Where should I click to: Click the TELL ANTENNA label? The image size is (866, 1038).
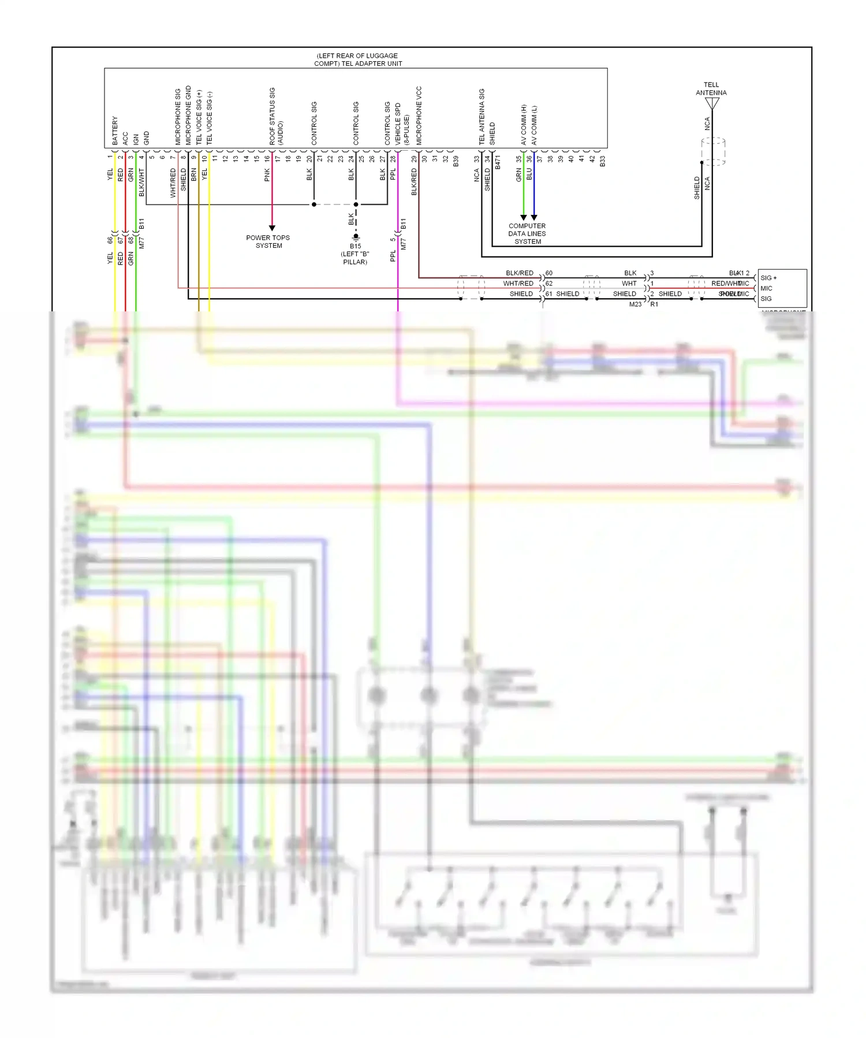pyautogui.click(x=711, y=89)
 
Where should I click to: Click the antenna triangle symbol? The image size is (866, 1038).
pyautogui.click(x=712, y=103)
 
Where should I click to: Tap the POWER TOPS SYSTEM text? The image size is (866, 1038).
pyautogui.click(x=268, y=241)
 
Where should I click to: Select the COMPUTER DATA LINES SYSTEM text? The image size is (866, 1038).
pyautogui.click(x=527, y=234)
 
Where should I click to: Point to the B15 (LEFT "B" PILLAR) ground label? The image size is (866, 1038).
pyautogui.click(x=355, y=254)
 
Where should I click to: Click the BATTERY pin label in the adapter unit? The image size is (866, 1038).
pyautogui.click(x=115, y=130)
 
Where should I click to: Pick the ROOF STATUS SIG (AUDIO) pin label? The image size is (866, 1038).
pyautogui.click(x=276, y=117)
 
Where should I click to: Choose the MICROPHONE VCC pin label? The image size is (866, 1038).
pyautogui.click(x=419, y=116)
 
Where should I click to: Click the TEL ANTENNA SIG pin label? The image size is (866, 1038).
pyautogui.click(x=482, y=117)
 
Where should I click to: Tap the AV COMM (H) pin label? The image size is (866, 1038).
pyautogui.click(x=524, y=125)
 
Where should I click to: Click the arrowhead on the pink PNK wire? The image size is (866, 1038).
pyautogui.click(x=272, y=228)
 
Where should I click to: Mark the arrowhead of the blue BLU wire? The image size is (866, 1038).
pyautogui.click(x=534, y=218)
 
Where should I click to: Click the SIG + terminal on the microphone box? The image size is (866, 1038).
pyautogui.click(x=768, y=278)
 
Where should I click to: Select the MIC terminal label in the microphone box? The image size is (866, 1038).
pyautogui.click(x=766, y=288)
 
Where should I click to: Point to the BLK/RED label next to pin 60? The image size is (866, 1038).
pyautogui.click(x=519, y=273)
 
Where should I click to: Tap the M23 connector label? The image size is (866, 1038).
pyautogui.click(x=635, y=304)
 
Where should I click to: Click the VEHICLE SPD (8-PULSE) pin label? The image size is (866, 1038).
pyautogui.click(x=402, y=124)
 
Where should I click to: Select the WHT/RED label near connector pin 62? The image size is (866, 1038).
pyautogui.click(x=518, y=284)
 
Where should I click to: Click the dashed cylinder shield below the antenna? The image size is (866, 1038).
pyautogui.click(x=714, y=151)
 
